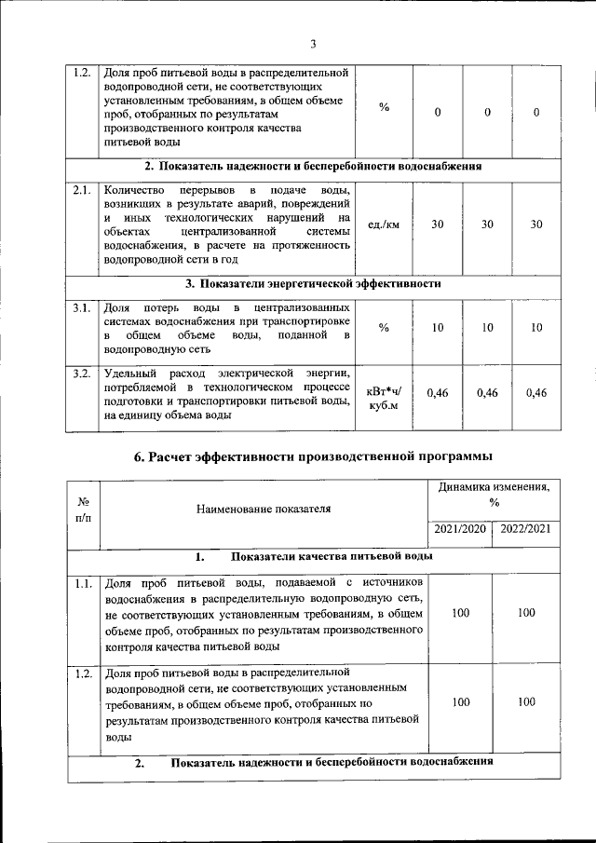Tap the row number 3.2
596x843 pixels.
(x=81, y=374)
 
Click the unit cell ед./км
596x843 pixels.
(x=384, y=224)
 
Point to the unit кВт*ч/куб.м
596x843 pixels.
(x=384, y=399)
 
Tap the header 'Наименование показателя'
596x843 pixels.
(x=264, y=510)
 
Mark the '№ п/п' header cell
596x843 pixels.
(x=82, y=510)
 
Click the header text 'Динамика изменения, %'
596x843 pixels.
(x=494, y=494)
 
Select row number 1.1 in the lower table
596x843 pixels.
(x=82, y=584)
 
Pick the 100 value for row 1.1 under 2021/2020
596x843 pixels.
(x=460, y=613)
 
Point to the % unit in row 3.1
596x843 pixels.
(x=384, y=328)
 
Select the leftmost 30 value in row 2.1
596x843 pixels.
(x=437, y=224)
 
